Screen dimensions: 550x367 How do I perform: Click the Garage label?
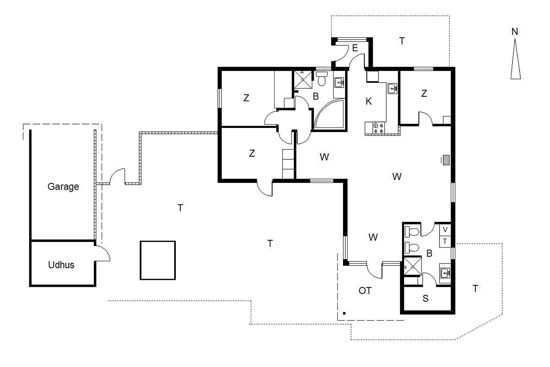pos(63,186)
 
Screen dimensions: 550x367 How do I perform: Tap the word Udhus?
pos(61,265)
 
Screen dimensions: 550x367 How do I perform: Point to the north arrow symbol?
pos(515,59)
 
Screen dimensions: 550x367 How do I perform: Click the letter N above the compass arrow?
pos(515,32)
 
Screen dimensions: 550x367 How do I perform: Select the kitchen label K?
pos(369,101)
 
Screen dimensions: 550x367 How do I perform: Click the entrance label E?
pos(355,48)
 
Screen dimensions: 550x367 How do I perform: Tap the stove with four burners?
pos(378,128)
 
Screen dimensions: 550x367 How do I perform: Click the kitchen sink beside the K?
pos(392,89)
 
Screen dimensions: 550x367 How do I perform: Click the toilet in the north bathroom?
pos(322,79)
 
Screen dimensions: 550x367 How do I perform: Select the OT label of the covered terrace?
pos(365,291)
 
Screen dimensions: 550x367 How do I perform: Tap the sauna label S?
pos(425,298)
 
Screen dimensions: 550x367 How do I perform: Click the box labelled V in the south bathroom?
pos(445,230)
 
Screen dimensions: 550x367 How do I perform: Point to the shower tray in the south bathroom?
pos(413,267)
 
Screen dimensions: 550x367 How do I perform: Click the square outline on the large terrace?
pos(158,260)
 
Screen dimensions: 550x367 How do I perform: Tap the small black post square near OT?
pos(344,313)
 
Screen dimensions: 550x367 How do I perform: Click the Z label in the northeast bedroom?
pos(424,93)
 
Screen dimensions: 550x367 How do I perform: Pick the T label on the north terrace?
pos(402,41)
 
